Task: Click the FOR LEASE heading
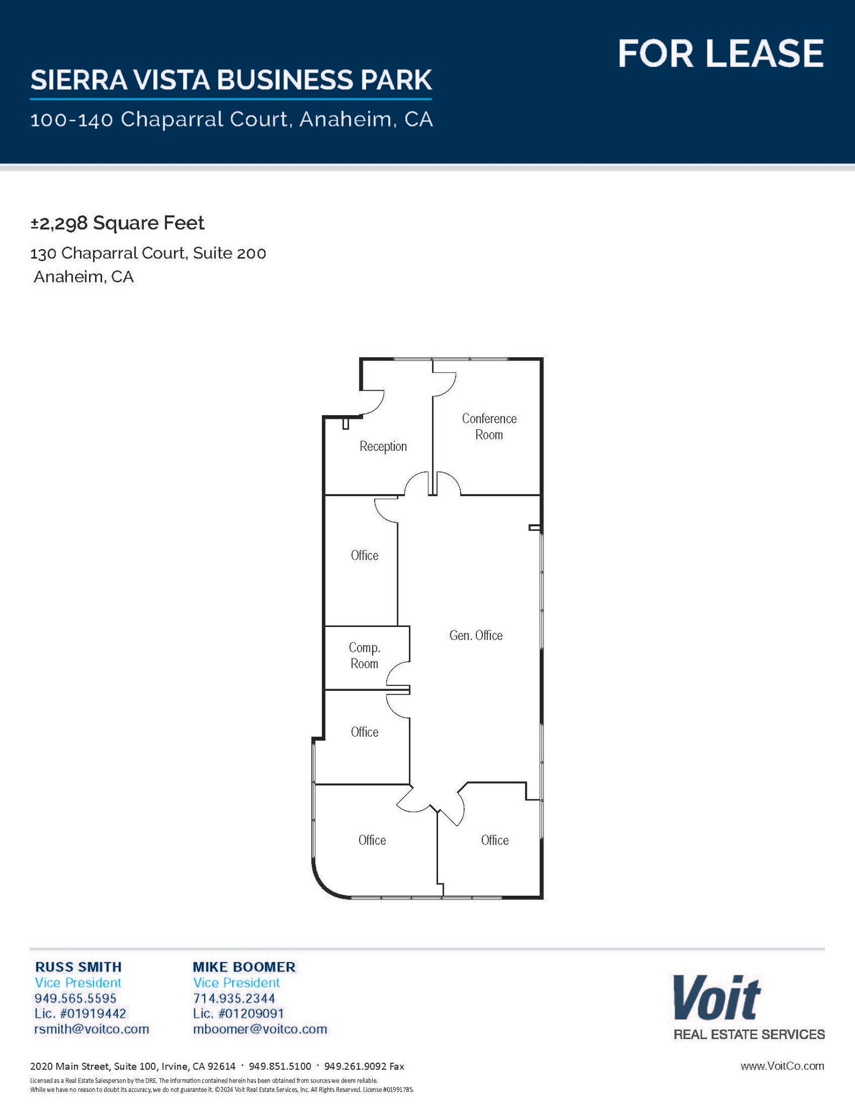pyautogui.click(x=720, y=53)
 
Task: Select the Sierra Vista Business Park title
pyautogui.click(x=231, y=80)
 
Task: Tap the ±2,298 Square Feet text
pyautogui.click(x=117, y=223)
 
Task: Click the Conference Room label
pyautogui.click(x=489, y=426)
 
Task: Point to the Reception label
pyautogui.click(x=383, y=446)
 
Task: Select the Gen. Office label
pyautogui.click(x=476, y=636)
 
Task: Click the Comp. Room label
pyautogui.click(x=364, y=655)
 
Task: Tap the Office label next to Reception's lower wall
pyautogui.click(x=365, y=556)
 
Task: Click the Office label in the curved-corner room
pyautogui.click(x=372, y=840)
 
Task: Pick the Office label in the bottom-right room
pyautogui.click(x=495, y=840)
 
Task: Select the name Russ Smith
pyautogui.click(x=78, y=966)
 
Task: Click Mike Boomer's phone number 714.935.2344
pyautogui.click(x=234, y=998)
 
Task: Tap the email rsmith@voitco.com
pyautogui.click(x=91, y=1029)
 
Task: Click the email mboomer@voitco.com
pyautogui.click(x=260, y=1029)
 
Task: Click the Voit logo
pyautogui.click(x=716, y=998)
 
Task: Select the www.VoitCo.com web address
pyautogui.click(x=782, y=1066)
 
